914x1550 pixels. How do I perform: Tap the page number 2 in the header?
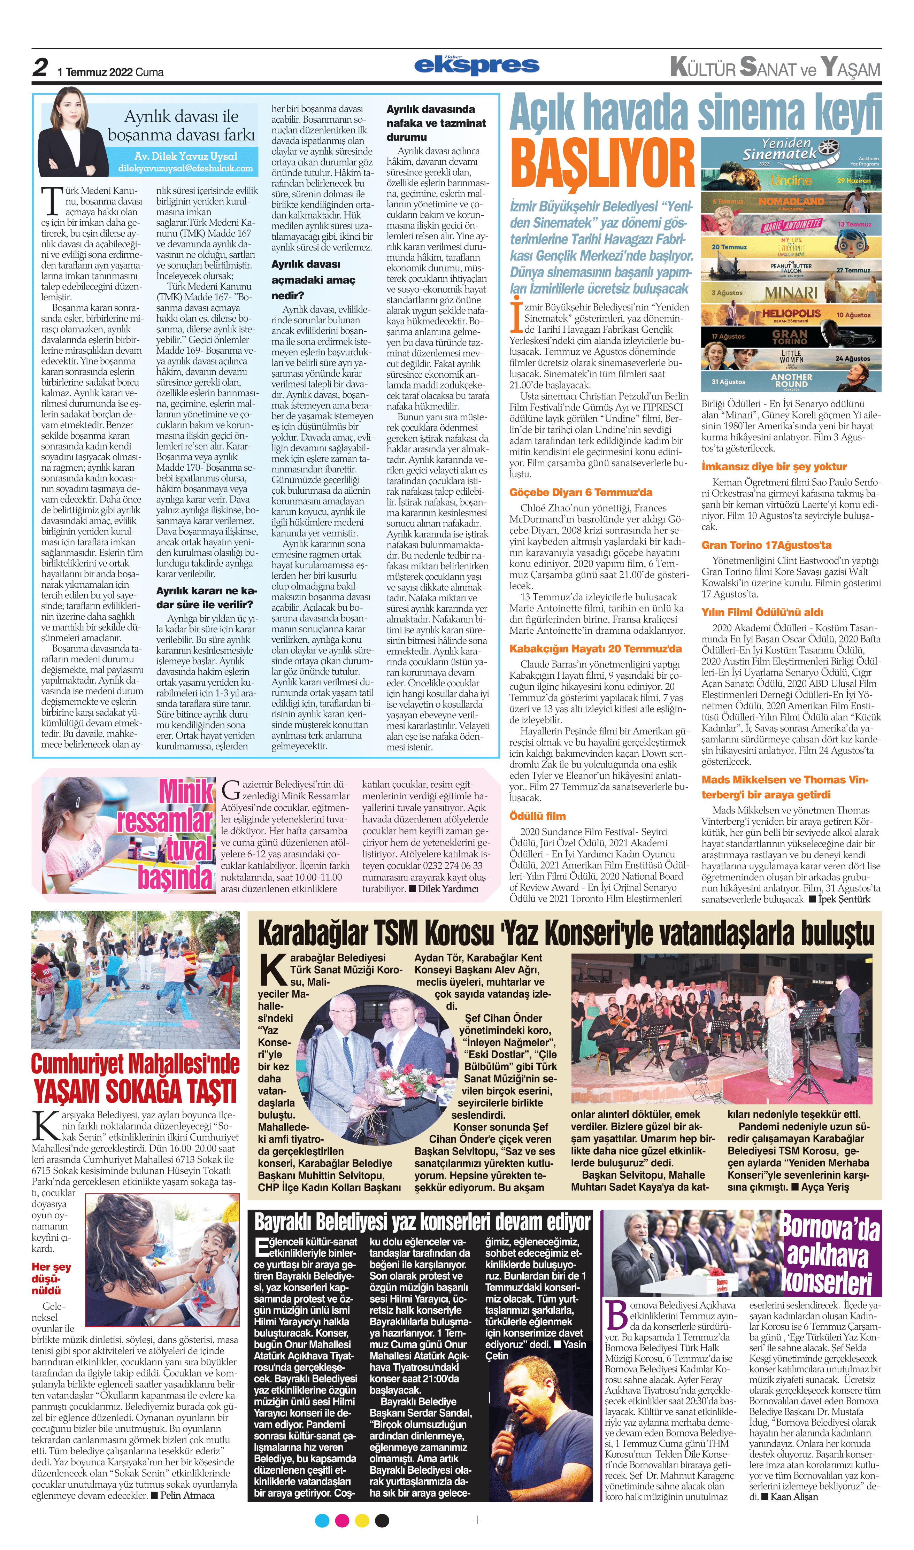41,68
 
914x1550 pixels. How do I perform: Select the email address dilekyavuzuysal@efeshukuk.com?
185,168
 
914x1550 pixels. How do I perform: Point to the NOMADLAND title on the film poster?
791,201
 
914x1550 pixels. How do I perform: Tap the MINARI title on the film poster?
791,293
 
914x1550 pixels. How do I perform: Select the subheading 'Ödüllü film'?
537,816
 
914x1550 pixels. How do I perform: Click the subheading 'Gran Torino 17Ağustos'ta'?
766,545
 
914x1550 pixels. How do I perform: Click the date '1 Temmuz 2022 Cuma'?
111,72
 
